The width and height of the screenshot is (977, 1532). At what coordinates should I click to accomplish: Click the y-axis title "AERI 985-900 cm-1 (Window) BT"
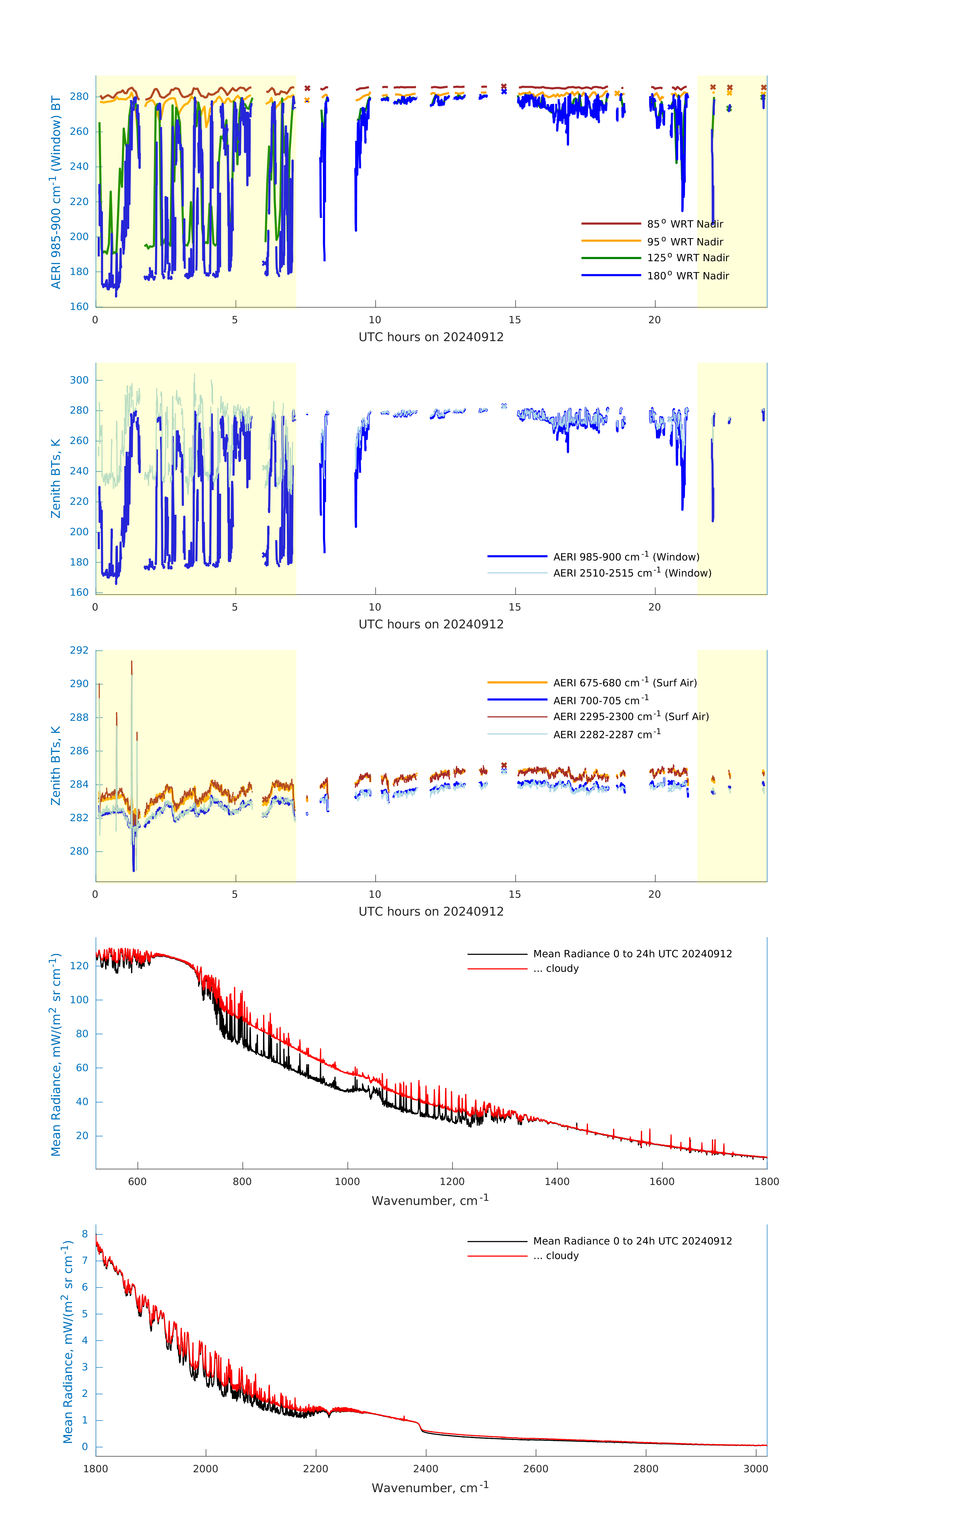click(56, 192)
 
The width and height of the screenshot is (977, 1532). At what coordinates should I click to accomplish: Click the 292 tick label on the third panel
click(79, 650)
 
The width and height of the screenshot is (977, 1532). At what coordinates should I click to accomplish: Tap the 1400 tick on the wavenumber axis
click(557, 1181)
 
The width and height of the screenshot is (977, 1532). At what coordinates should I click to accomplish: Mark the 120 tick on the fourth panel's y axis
click(79, 966)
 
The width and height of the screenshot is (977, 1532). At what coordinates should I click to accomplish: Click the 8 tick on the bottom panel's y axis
click(85, 1234)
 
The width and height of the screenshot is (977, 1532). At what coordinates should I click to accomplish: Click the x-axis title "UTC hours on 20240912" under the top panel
click(431, 337)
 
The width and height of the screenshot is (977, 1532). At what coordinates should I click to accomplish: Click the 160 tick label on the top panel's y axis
click(79, 307)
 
